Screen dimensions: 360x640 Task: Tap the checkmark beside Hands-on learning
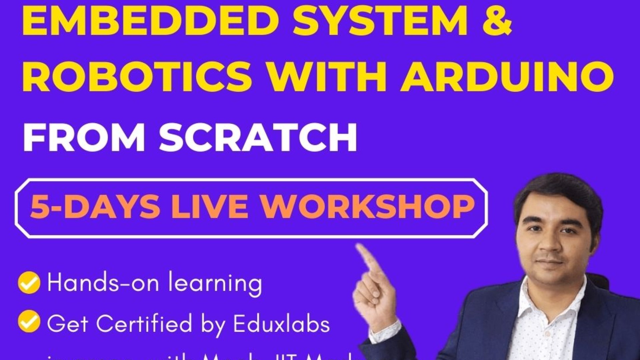point(29,283)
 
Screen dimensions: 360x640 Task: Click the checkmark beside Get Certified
point(29,321)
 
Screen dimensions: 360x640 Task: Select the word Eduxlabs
point(281,323)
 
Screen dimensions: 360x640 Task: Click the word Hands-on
point(103,283)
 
